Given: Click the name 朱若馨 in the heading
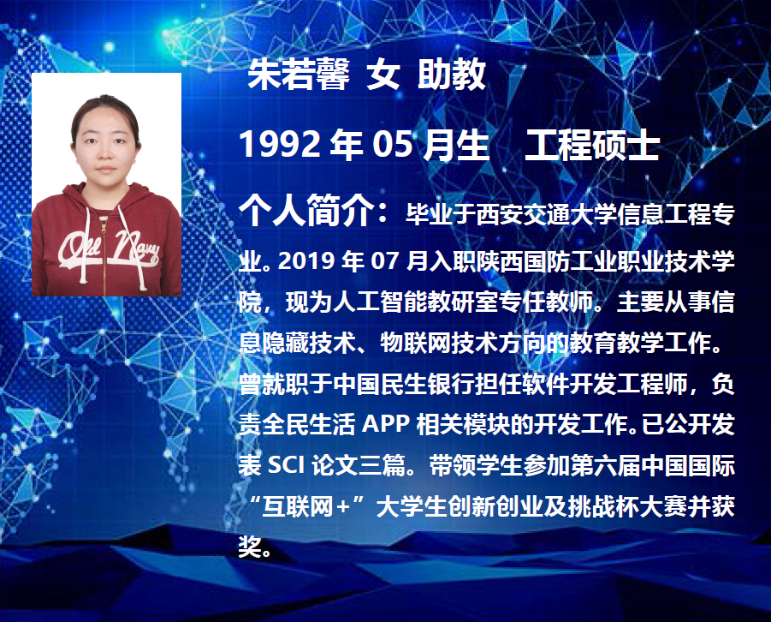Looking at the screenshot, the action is click(299, 75).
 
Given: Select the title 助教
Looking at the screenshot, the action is click(452, 75).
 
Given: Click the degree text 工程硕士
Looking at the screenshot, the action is click(592, 145).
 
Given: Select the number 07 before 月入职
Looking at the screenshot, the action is click(384, 260).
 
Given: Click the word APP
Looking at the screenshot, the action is click(386, 424).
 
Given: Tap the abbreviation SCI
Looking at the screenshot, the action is click(287, 465).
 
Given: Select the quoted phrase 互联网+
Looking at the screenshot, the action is click(305, 506).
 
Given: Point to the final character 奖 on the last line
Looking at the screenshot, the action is click(250, 547).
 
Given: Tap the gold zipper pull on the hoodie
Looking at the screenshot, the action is click(104, 229).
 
